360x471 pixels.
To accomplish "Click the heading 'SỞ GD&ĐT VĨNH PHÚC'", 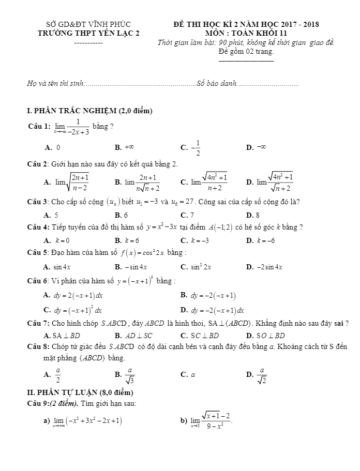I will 88,24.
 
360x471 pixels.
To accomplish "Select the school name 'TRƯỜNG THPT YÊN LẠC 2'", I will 88,33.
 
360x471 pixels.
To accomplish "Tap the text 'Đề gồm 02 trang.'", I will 246,51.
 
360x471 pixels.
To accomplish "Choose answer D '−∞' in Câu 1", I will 259,147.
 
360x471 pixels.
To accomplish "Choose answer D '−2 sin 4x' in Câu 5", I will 271,267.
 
